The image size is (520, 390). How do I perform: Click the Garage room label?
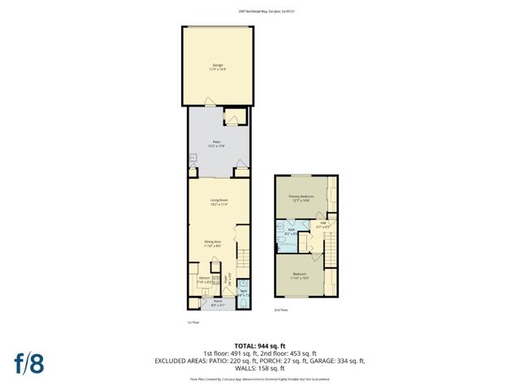[218, 66]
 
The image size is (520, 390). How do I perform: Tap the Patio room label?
[218, 143]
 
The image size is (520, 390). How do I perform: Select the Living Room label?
[218, 201]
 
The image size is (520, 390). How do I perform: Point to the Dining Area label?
[213, 241]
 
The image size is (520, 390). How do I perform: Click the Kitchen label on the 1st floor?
[204, 280]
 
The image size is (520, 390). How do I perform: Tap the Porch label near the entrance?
[218, 305]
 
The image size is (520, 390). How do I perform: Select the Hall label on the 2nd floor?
[323, 225]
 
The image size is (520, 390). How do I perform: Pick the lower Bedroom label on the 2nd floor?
[300, 275]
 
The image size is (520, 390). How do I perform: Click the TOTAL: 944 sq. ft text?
[259, 344]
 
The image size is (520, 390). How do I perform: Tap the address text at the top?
[260, 11]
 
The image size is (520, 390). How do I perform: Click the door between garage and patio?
[210, 102]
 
